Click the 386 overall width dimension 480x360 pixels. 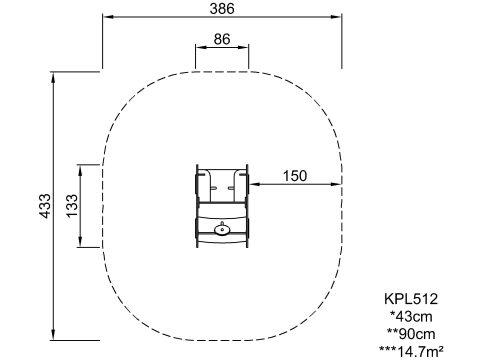click(222, 9)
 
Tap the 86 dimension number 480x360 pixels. click(222, 39)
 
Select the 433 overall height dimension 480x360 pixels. click(46, 206)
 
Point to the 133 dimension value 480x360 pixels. click(72, 206)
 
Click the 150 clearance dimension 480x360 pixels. click(295, 176)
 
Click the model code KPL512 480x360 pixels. click(411, 299)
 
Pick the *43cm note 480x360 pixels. click(411, 316)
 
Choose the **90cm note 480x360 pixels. click(411, 334)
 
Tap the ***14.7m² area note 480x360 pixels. click(411, 351)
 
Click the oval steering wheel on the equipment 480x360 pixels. click(222, 229)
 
